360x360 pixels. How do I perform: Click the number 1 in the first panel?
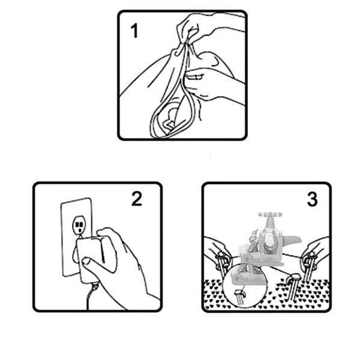134,31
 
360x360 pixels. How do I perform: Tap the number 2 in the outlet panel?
137,199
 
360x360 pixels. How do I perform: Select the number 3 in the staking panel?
313,199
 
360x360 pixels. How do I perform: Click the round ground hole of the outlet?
79,230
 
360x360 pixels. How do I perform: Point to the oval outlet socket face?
79,225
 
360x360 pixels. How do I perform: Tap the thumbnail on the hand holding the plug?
86,260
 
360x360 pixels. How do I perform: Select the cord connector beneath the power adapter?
95,286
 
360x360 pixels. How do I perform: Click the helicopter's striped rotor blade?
270,214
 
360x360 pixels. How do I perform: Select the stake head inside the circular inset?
239,293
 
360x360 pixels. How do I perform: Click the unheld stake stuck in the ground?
293,287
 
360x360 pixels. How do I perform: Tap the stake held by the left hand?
222,264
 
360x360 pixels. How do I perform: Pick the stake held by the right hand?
309,266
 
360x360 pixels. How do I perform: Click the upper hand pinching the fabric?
206,28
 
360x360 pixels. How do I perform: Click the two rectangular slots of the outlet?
79,224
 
